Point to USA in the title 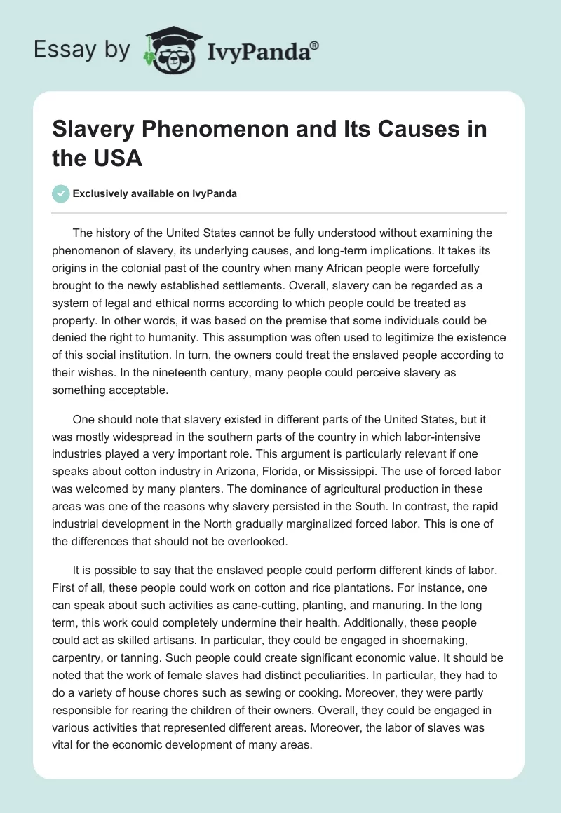[x=119, y=158]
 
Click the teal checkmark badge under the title [x=61, y=193]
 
